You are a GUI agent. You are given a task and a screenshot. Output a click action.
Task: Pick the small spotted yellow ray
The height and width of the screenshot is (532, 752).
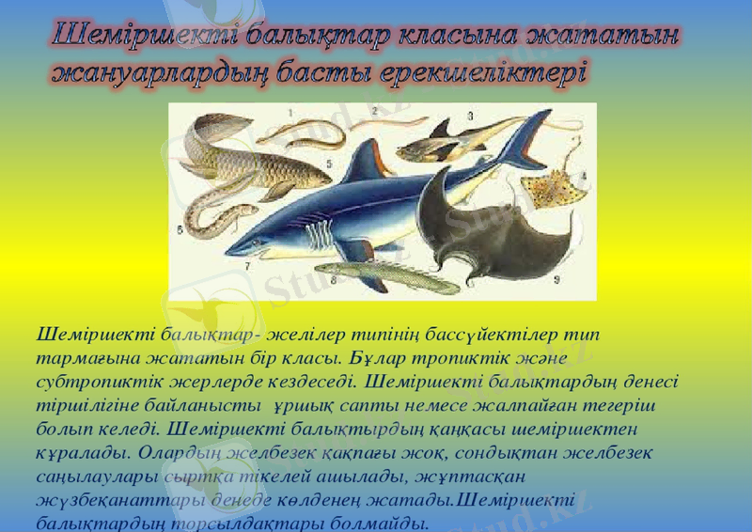(555, 188)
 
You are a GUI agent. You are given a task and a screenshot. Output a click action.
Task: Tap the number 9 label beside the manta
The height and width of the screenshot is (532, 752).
(557, 278)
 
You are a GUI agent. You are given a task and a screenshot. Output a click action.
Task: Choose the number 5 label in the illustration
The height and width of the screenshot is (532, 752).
(328, 163)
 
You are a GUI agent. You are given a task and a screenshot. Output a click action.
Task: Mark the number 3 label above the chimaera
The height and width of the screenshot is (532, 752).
(469, 115)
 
